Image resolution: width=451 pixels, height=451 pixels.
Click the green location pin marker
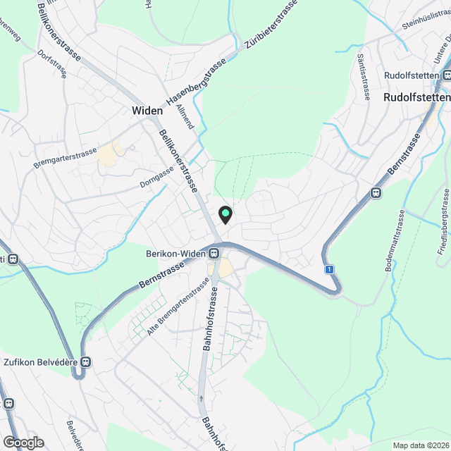click(225, 214)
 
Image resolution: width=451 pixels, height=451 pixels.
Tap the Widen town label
click(147, 111)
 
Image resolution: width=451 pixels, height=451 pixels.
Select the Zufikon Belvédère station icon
click(86, 362)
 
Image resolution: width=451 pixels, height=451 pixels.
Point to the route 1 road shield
click(328, 269)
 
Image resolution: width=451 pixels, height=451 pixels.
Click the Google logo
click(23, 442)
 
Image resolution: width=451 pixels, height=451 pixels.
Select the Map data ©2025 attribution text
click(420, 445)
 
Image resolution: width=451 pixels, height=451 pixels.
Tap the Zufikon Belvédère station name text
click(39, 362)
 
